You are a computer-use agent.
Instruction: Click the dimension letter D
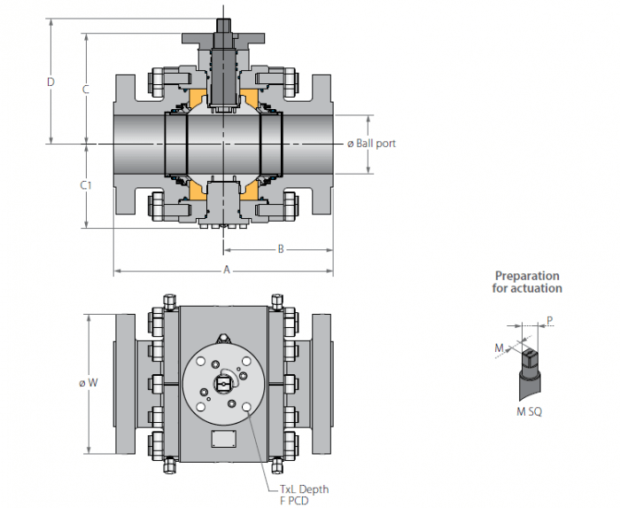[x=50, y=82]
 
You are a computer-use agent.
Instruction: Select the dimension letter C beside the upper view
[x=85, y=90]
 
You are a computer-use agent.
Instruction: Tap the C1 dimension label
[x=86, y=184]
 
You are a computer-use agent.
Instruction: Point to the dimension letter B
[x=281, y=249]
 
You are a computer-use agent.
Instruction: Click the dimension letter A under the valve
[x=227, y=270]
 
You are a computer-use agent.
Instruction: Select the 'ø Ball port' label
[x=371, y=144]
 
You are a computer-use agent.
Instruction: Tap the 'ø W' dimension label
[x=89, y=383]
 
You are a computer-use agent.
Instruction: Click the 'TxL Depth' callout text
[x=304, y=489]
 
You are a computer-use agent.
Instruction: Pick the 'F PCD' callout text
[x=294, y=501]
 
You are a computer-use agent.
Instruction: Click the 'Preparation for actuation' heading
[x=527, y=282]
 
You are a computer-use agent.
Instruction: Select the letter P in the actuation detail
[x=550, y=320]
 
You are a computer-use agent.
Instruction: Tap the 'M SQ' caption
[x=529, y=412]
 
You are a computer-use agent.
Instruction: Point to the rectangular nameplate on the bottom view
[x=224, y=439]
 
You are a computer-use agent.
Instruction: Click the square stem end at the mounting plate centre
[x=223, y=383]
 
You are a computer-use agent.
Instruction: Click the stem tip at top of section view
[x=223, y=26]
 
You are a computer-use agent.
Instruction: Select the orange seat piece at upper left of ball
[x=198, y=98]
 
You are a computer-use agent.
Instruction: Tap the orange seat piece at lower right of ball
[x=249, y=191]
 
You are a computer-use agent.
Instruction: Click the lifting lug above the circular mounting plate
[x=223, y=339]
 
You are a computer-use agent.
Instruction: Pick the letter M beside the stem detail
[x=500, y=348]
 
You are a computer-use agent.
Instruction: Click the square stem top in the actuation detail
[x=530, y=358]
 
